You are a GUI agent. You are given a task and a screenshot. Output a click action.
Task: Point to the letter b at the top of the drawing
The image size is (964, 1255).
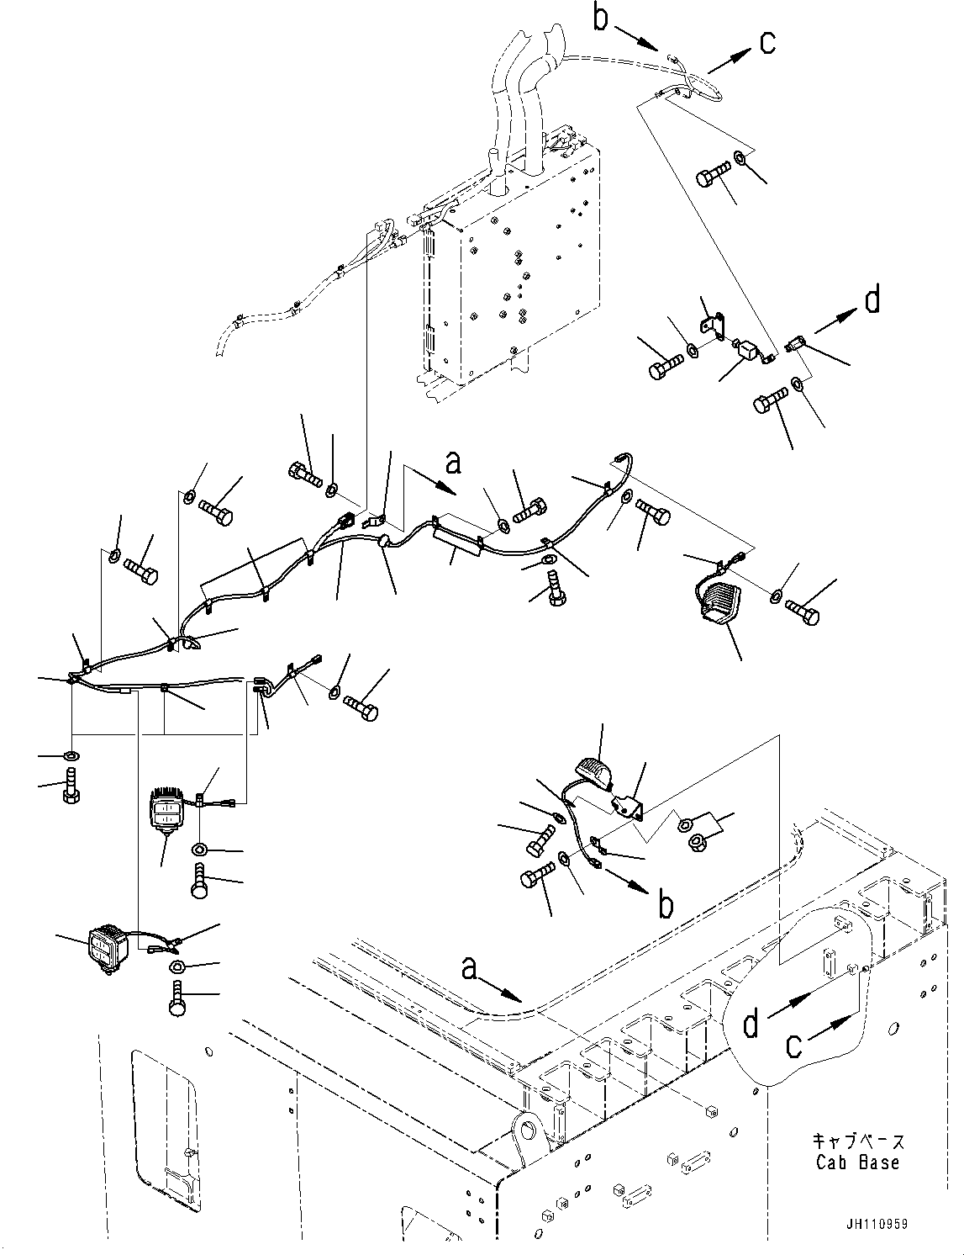[x=601, y=19]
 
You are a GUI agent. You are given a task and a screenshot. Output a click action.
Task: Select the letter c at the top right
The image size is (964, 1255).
[x=767, y=44]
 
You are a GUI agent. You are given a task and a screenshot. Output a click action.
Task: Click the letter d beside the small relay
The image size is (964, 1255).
[x=873, y=299]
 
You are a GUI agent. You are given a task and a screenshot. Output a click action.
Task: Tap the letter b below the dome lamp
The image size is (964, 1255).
[x=666, y=906]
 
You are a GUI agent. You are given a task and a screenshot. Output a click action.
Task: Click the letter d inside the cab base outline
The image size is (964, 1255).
[x=751, y=1025]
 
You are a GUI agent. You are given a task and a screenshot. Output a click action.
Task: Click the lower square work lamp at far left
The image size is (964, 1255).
[x=105, y=951]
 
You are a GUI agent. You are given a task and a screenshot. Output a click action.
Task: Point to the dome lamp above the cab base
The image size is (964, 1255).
[x=594, y=771]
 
